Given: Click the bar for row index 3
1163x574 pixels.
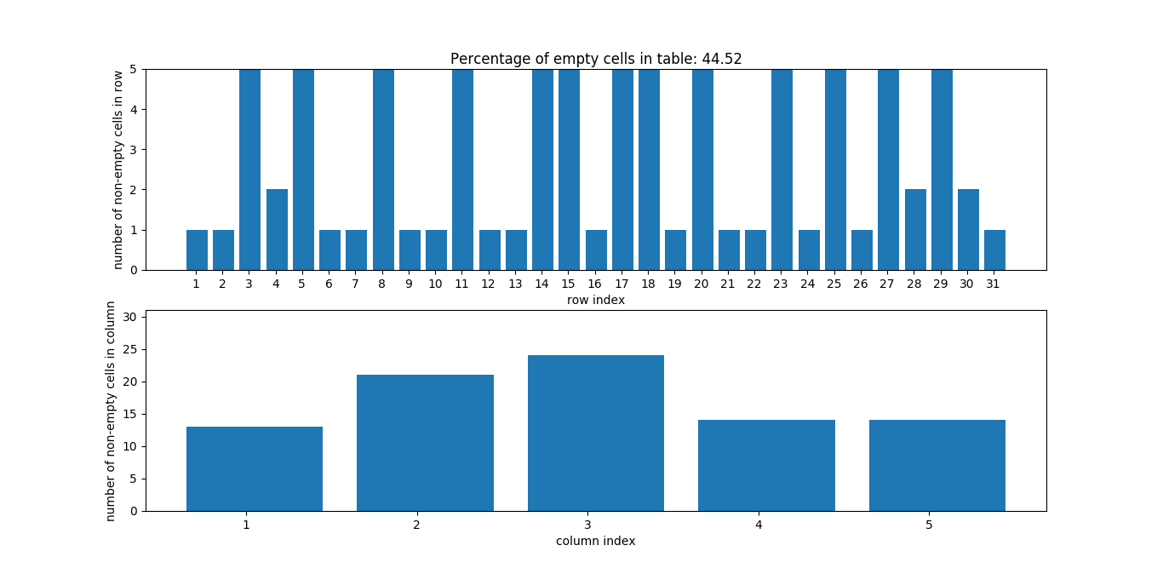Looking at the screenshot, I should pyautogui.click(x=249, y=170).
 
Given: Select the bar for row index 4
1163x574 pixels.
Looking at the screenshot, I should pyautogui.click(x=277, y=230).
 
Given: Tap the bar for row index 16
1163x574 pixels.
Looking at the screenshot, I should pyautogui.click(x=596, y=250).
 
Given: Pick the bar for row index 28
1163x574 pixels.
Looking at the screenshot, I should pyautogui.click(x=915, y=230).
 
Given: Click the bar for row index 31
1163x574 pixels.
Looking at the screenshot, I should pyautogui.click(x=994, y=250).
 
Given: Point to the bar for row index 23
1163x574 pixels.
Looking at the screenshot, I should pyautogui.click(x=782, y=170).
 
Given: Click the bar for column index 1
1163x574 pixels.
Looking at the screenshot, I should pyautogui.click(x=255, y=468).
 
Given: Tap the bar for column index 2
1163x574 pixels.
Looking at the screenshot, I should pyautogui.click(x=425, y=443).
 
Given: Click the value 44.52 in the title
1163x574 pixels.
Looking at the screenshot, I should pyautogui.click(x=722, y=59).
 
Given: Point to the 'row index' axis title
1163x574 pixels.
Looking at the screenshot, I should pyautogui.click(x=596, y=300).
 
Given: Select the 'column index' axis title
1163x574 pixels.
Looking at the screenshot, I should pyautogui.click(x=596, y=541).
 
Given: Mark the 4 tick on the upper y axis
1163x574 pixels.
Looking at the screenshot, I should pyautogui.click(x=135, y=109).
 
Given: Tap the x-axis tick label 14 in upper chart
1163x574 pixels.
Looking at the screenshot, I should pyautogui.click(x=542, y=284).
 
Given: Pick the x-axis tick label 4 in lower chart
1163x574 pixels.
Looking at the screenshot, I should pyautogui.click(x=758, y=525).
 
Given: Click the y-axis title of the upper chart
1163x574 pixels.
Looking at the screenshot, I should pyautogui.click(x=118, y=169).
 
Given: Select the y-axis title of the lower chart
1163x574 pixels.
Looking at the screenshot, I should pyautogui.click(x=112, y=410).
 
